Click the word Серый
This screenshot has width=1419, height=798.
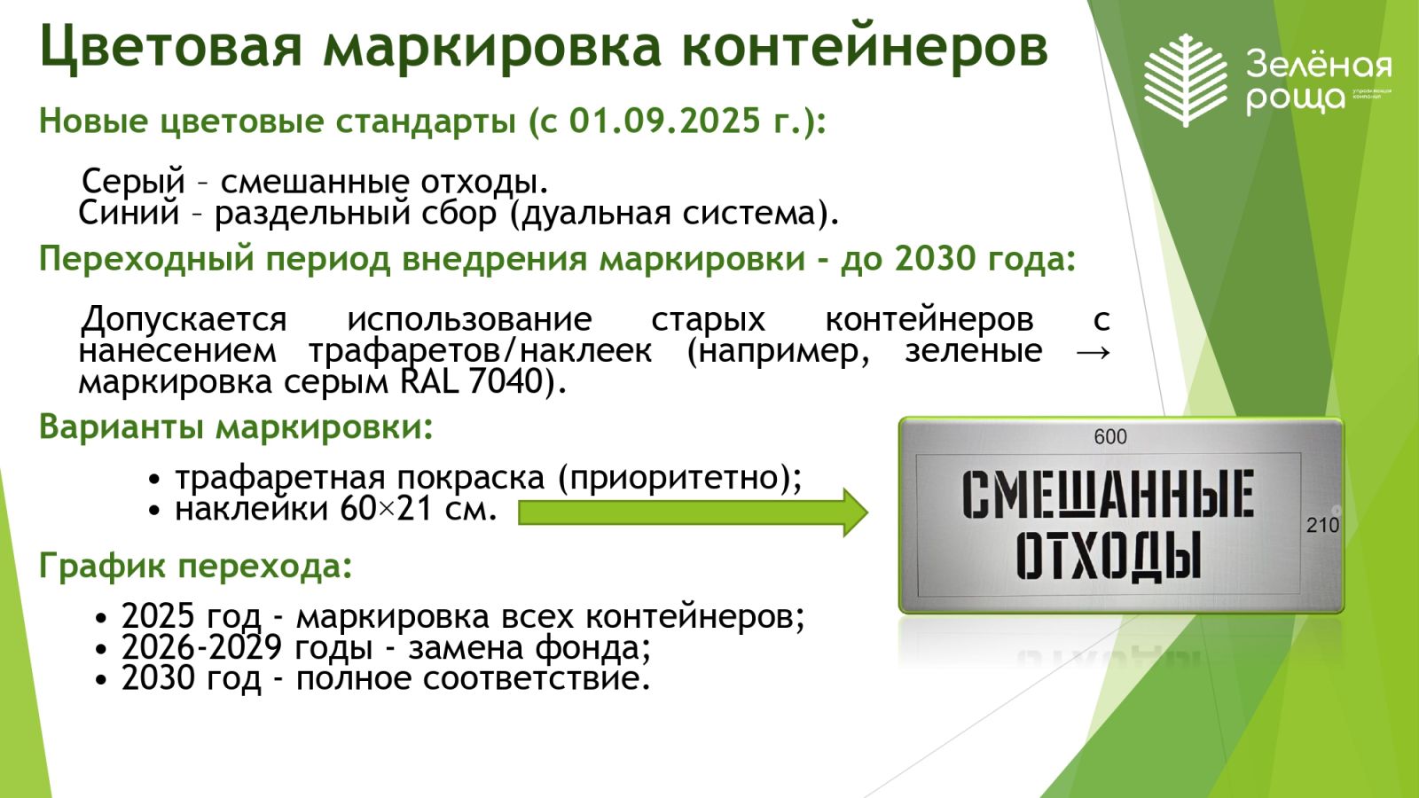click(133, 182)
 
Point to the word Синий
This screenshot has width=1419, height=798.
click(129, 213)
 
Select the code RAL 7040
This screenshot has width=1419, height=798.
click(472, 381)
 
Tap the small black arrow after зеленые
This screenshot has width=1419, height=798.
click(1094, 351)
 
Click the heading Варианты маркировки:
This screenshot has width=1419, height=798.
click(236, 426)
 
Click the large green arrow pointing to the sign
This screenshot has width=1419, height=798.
click(693, 512)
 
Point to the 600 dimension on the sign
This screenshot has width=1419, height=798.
click(1109, 436)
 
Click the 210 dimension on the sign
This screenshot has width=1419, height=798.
click(1322, 524)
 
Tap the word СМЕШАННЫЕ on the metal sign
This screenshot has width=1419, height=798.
click(1108, 493)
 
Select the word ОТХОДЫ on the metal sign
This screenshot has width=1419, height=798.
click(1109, 556)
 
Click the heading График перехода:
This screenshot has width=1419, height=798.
click(196, 565)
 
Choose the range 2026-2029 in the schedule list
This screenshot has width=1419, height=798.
click(201, 647)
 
